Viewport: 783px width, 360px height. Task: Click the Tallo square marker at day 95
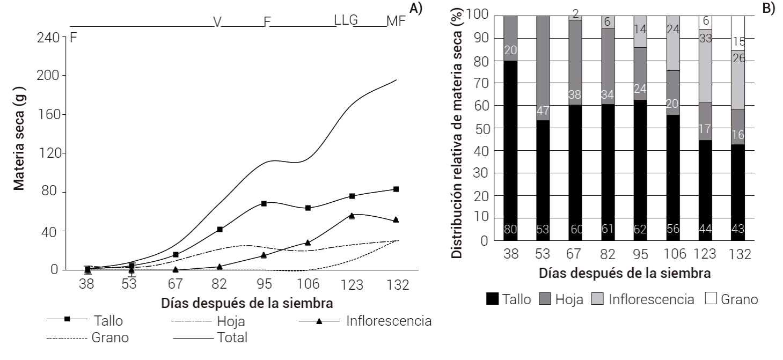point(264,204)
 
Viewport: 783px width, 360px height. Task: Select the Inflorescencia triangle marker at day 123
point(352,216)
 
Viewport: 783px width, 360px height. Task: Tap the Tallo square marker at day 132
point(396,189)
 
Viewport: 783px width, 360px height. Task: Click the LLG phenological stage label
point(346,20)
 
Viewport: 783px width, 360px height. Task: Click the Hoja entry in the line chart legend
point(231,322)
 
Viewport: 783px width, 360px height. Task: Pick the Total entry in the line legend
point(232,338)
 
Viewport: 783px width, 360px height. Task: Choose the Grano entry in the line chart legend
point(110,338)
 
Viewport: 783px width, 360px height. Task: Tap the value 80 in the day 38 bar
point(510,230)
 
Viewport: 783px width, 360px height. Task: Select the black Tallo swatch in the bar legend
point(491,299)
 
